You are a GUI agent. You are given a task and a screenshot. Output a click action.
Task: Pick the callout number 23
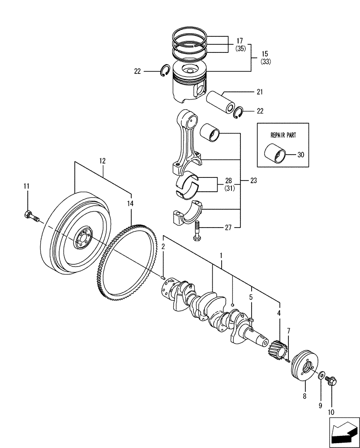coord(254,181)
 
